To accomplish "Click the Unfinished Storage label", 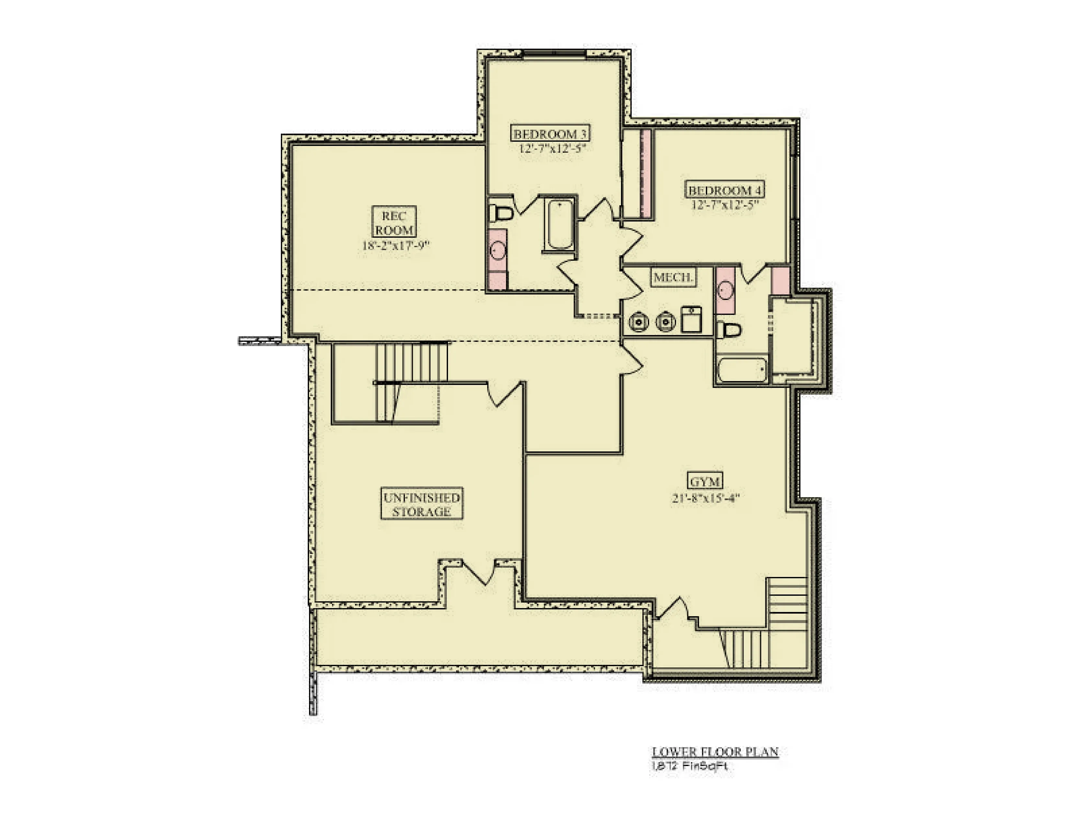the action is (421, 504).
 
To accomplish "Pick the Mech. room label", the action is (673, 277).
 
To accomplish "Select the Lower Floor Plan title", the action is (715, 751).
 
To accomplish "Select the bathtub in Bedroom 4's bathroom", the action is (741, 370).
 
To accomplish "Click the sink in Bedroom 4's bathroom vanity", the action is (725, 290).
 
